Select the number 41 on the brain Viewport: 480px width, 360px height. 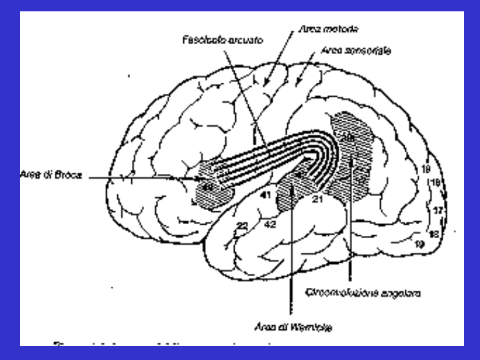(x=265, y=195)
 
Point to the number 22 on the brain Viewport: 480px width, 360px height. (x=241, y=227)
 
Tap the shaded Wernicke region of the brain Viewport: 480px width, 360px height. (x=293, y=187)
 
